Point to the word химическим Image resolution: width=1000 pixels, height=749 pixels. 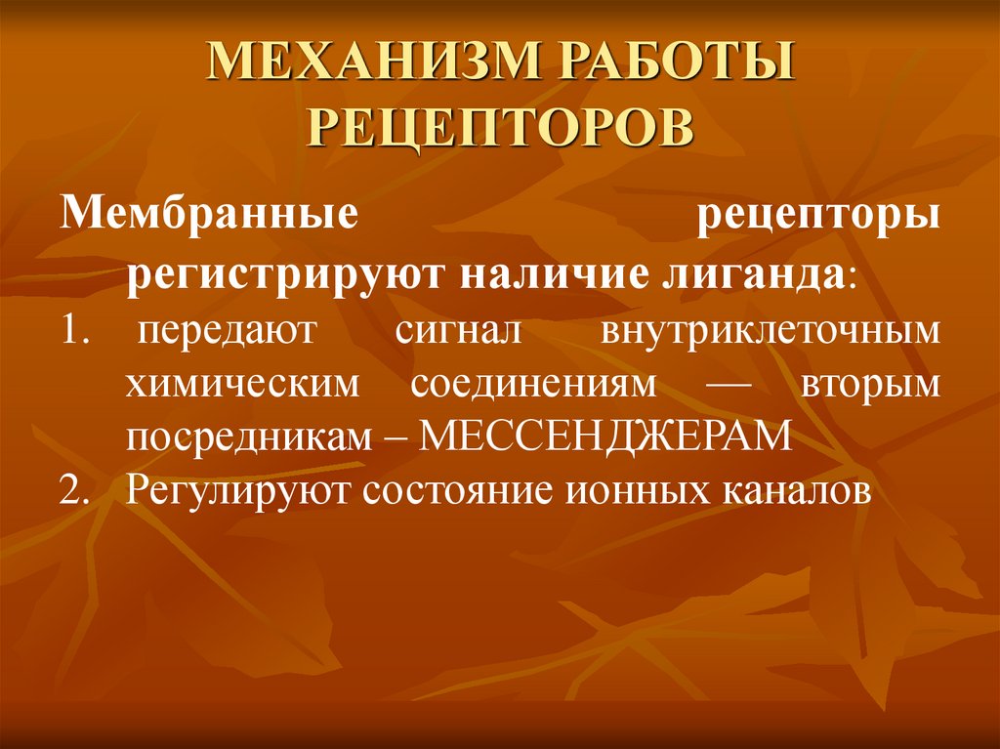[x=234, y=385]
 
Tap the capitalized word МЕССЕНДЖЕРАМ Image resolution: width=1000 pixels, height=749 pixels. [x=605, y=437]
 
